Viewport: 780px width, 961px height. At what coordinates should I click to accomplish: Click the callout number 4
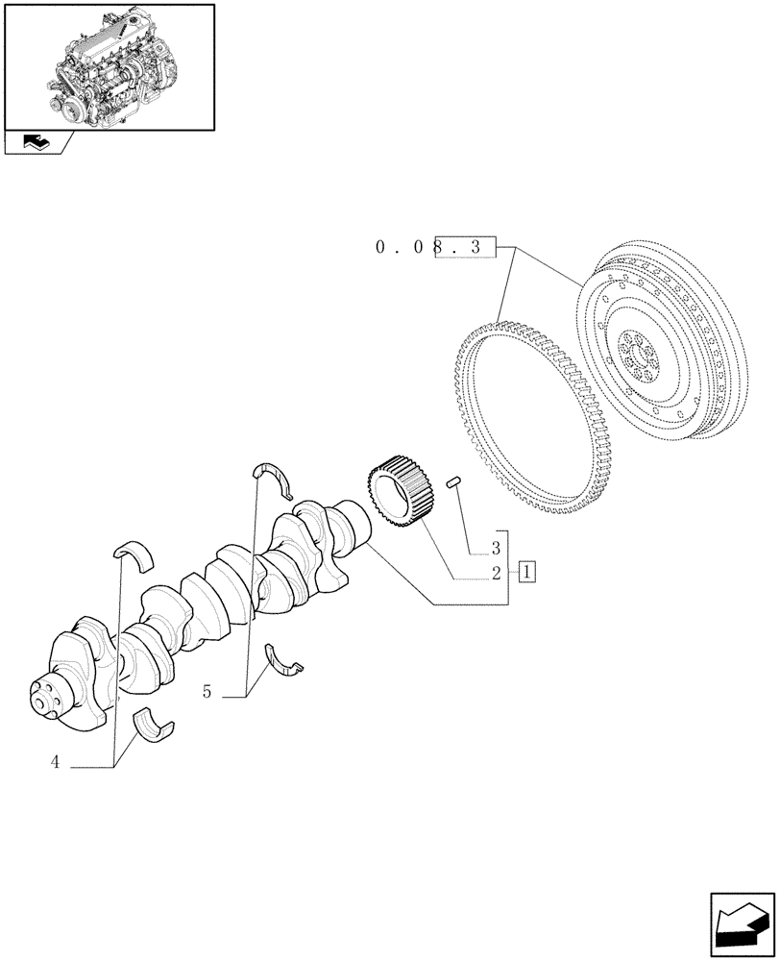(55, 762)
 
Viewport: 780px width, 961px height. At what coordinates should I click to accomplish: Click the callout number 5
(207, 690)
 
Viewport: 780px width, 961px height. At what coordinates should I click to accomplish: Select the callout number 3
(496, 550)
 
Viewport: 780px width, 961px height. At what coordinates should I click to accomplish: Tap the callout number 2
(496, 574)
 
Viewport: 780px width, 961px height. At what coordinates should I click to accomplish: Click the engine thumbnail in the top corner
(109, 66)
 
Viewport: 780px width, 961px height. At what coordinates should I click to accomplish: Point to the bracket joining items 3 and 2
(507, 567)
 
